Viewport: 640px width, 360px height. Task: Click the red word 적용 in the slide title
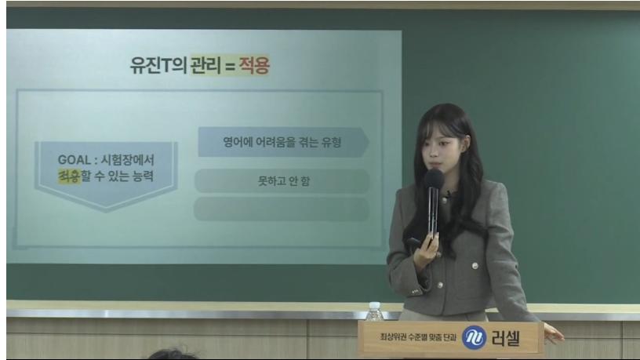[x=254, y=65]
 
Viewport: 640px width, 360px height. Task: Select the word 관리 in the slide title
[x=205, y=65]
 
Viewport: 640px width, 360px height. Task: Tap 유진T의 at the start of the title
[x=158, y=65]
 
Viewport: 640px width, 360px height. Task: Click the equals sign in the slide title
[x=230, y=66]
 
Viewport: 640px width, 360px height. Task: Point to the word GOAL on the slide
[x=75, y=159]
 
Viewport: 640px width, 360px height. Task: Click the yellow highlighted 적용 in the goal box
[x=69, y=176]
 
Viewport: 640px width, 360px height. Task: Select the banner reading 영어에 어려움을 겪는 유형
[x=283, y=142]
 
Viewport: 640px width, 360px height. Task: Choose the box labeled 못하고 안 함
[x=282, y=181]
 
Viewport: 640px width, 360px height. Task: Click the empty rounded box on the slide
[x=282, y=209]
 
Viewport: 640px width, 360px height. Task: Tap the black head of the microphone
[x=435, y=179]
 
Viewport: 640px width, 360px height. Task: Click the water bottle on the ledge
[x=374, y=311]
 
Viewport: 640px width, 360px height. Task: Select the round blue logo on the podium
[x=475, y=337]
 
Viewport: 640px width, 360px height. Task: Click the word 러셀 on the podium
[x=506, y=338]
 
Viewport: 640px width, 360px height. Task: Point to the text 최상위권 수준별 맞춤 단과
[x=418, y=337]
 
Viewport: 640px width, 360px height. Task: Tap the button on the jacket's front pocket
[x=475, y=266]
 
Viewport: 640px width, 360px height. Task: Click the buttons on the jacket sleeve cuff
[x=415, y=292]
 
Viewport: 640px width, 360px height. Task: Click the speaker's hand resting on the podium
[x=553, y=333]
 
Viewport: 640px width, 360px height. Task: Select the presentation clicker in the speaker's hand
[x=414, y=243]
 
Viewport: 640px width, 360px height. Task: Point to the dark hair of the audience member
[x=172, y=354]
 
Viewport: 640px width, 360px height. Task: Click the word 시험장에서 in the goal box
[x=127, y=159]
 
